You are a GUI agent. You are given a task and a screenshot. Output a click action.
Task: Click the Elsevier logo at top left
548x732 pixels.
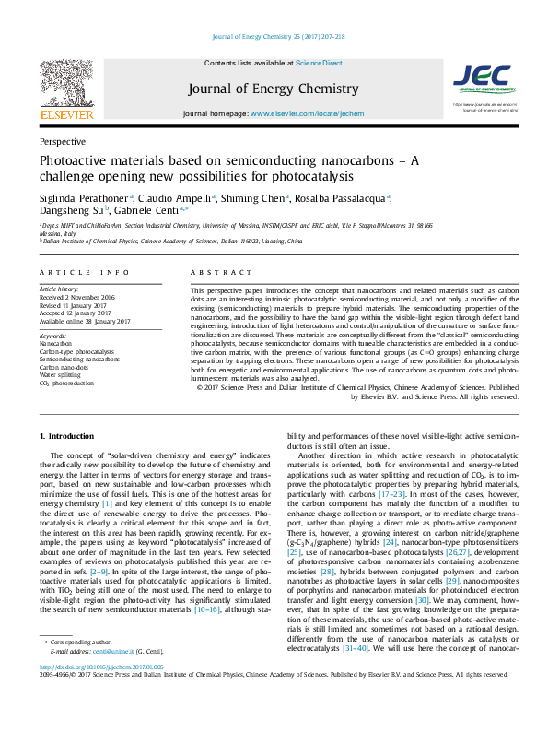66,92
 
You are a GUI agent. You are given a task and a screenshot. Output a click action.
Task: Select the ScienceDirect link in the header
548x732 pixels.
319,63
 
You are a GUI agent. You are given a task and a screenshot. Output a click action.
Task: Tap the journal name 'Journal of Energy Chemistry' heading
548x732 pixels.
273,89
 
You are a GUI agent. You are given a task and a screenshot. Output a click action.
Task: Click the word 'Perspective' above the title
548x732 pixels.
63,142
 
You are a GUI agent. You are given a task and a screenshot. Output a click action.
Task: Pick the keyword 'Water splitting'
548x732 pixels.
60,376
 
